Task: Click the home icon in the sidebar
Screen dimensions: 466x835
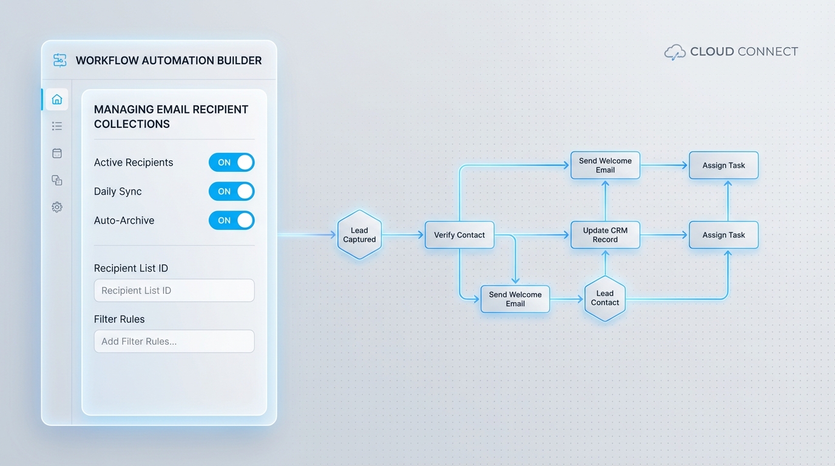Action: tap(57, 99)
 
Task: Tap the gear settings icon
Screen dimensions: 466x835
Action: tap(57, 207)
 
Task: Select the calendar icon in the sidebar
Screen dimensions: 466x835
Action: tap(57, 154)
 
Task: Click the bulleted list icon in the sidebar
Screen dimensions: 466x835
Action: tap(57, 126)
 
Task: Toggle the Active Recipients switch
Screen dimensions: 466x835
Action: tap(231, 163)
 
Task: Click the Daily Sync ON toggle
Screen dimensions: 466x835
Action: tap(231, 192)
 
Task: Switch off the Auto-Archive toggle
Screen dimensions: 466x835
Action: tap(231, 221)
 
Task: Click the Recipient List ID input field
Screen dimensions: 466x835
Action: tap(174, 291)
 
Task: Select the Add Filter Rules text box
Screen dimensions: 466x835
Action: tap(174, 342)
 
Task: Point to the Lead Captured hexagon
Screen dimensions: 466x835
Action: tap(359, 235)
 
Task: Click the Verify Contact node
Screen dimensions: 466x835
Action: tap(459, 235)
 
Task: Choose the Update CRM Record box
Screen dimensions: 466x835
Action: tap(605, 235)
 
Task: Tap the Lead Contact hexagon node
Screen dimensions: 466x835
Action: tap(605, 298)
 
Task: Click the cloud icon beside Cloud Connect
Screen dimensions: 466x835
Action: tap(675, 52)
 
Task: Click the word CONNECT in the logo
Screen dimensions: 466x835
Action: tap(768, 52)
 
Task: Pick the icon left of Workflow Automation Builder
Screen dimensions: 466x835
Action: tap(60, 60)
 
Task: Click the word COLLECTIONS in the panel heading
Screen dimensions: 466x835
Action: tap(132, 124)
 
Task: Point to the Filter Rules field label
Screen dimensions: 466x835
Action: tap(120, 319)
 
